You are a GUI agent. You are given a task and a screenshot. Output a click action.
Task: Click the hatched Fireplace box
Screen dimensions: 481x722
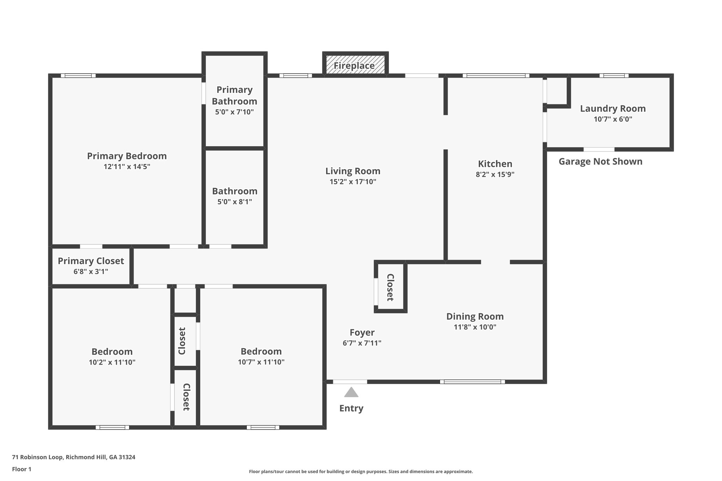click(355, 64)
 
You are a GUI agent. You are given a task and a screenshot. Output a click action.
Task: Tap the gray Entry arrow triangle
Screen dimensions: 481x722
click(351, 393)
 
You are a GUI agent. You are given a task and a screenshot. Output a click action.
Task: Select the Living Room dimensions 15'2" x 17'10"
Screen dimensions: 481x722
click(353, 182)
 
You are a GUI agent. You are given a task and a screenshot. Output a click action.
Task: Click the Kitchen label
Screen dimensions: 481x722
click(495, 164)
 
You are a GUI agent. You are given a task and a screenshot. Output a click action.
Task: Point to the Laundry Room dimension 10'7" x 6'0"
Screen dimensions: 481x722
click(613, 119)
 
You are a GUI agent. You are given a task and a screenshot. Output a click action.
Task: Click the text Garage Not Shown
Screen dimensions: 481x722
click(600, 162)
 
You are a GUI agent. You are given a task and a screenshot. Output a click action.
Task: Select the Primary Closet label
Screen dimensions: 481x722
click(91, 261)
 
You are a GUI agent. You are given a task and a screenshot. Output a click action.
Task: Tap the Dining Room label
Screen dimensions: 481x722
click(475, 316)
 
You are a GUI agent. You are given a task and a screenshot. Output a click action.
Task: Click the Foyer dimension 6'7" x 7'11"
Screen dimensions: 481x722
click(362, 343)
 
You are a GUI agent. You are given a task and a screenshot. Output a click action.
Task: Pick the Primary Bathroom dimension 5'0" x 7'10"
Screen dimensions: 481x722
click(234, 112)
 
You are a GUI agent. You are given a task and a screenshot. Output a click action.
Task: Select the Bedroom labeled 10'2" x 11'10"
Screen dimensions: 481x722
click(112, 356)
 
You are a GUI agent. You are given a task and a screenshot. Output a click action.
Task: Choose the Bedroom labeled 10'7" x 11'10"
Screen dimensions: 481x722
click(261, 356)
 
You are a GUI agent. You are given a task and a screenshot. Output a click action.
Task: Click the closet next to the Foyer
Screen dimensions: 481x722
click(391, 287)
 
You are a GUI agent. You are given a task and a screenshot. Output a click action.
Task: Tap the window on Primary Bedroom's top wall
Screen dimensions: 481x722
click(78, 75)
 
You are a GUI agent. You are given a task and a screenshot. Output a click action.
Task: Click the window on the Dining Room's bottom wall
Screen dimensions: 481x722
click(472, 382)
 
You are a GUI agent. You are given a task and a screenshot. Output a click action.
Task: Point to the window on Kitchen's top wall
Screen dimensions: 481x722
click(496, 75)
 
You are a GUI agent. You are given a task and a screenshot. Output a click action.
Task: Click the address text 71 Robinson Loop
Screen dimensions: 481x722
click(74, 457)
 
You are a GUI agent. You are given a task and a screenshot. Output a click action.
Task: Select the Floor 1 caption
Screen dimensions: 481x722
click(22, 469)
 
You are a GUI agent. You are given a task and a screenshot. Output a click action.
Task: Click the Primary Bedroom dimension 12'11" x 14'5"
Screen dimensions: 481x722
click(127, 167)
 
